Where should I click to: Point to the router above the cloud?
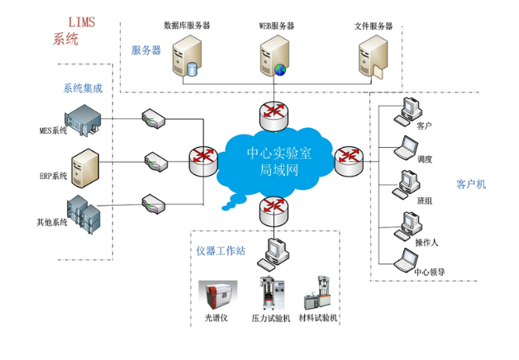(274, 112)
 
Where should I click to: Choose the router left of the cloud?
(202, 160)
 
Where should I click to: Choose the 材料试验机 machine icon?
(318, 294)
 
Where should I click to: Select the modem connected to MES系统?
(155, 118)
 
